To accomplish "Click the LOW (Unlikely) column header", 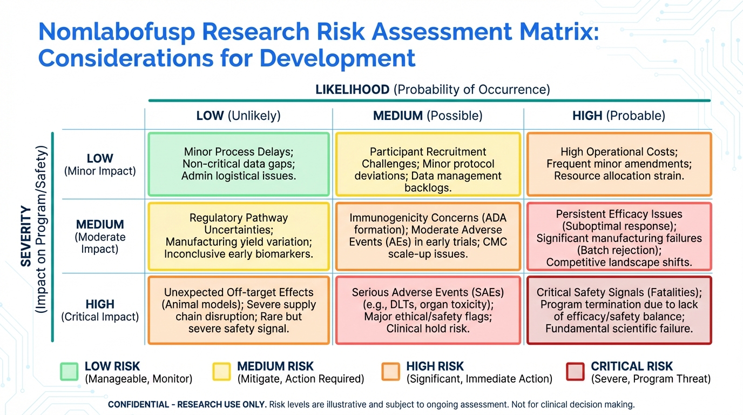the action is click(x=238, y=116).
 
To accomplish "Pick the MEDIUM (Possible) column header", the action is click(x=428, y=116).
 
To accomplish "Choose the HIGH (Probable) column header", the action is click(x=619, y=116).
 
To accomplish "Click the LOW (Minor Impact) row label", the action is click(x=100, y=164).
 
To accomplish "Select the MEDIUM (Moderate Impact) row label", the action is click(x=100, y=236).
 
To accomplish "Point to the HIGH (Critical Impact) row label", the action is click(x=100, y=310).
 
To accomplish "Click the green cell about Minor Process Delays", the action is click(x=239, y=164).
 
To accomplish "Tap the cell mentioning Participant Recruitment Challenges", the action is click(x=428, y=164).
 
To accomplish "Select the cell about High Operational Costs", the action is click(x=619, y=164).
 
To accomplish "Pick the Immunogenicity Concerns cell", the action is click(x=428, y=236).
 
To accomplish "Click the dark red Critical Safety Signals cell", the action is click(x=619, y=310).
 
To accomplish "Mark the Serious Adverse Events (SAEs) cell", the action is click(x=428, y=310).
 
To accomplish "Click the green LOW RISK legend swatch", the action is click(x=69, y=372).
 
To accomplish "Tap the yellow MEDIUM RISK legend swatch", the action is click(x=221, y=372).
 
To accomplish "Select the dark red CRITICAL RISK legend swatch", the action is click(x=575, y=372).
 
